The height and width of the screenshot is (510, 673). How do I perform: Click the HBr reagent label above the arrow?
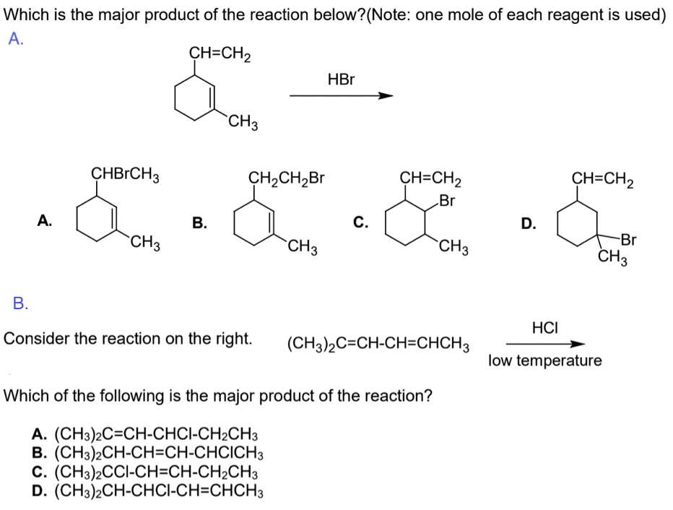coord(341,79)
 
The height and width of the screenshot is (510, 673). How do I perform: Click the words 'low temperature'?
coord(544,360)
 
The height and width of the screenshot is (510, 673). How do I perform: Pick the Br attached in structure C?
coord(447,200)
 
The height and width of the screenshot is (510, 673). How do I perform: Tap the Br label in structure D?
coord(628,239)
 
